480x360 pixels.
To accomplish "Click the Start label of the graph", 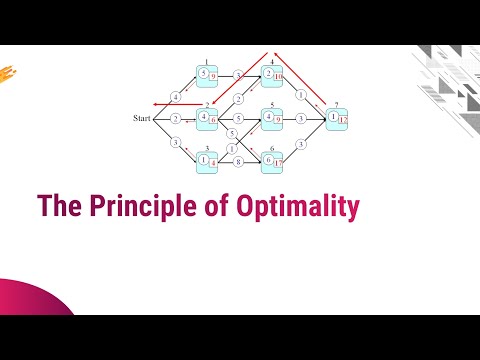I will [x=141, y=119].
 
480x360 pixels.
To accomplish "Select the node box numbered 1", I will [x=207, y=75].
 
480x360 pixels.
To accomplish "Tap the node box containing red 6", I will [x=208, y=118].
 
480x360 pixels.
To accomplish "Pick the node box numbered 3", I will [x=207, y=158].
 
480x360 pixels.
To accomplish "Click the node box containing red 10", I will [x=273, y=75].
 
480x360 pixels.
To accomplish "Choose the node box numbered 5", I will [x=272, y=118].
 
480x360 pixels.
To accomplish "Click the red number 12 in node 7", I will [x=343, y=121].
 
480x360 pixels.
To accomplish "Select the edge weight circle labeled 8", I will [x=239, y=160].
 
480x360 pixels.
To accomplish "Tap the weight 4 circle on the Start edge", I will [x=176, y=96].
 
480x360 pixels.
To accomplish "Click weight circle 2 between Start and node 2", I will [x=175, y=119].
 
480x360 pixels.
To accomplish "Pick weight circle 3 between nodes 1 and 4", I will [x=239, y=75].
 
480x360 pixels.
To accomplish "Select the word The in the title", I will [x=57, y=206].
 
